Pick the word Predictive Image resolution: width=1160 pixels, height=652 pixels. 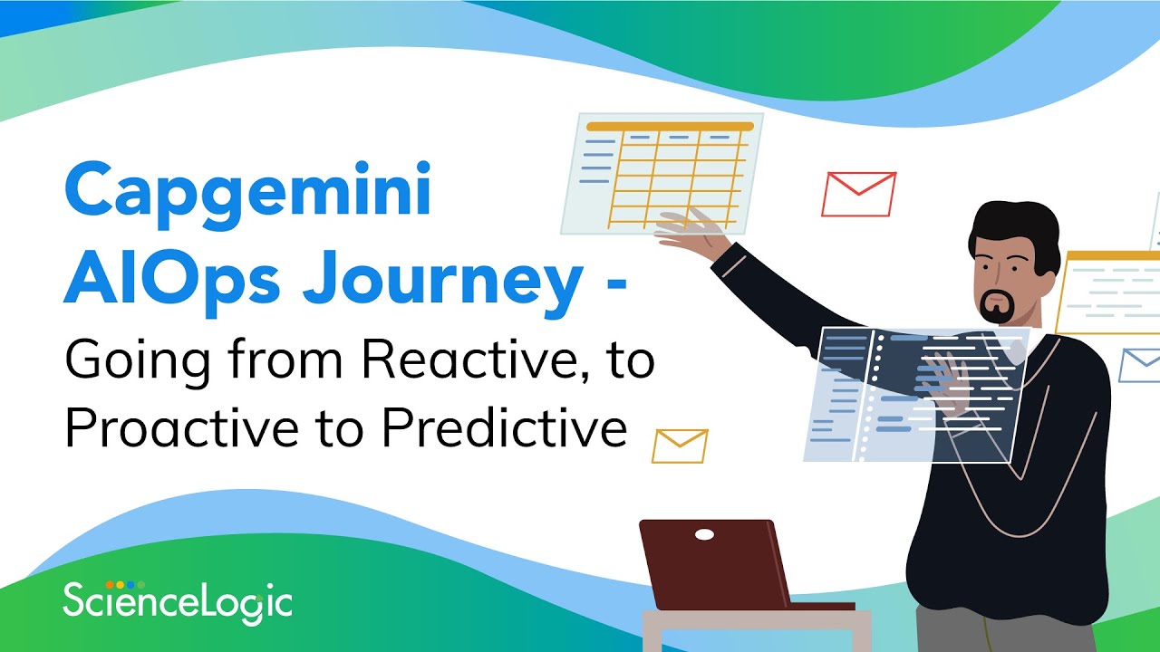pyautogui.click(x=504, y=429)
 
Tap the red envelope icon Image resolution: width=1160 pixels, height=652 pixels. pyautogui.click(x=858, y=194)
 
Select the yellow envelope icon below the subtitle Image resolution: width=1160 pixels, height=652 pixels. pyautogui.click(x=680, y=446)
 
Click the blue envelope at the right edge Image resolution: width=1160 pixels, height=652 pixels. pyautogui.click(x=1140, y=365)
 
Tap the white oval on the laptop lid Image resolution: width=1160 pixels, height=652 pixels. pyautogui.click(x=704, y=535)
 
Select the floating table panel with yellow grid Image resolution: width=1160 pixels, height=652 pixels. pyautogui.click(x=662, y=172)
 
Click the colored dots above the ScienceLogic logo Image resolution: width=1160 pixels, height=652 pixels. pyautogui.click(x=125, y=584)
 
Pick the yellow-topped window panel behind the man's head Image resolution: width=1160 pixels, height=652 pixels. pyautogui.click(x=1107, y=290)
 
